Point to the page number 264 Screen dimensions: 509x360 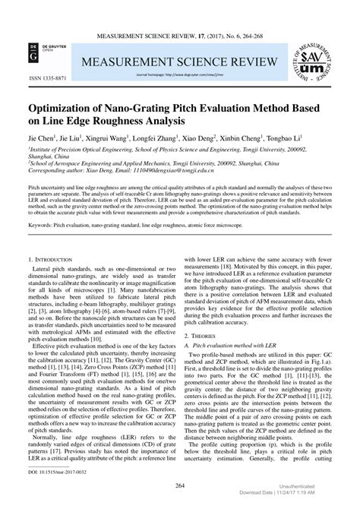(x=180, y=486)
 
